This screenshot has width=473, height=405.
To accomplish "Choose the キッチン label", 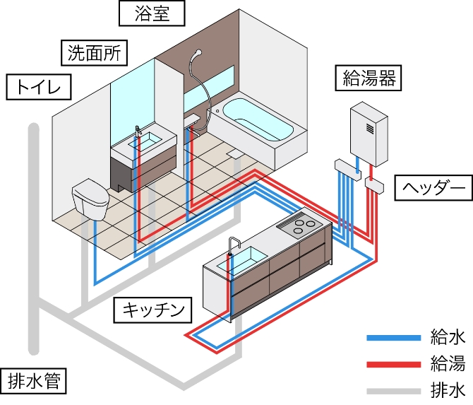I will point(153,309).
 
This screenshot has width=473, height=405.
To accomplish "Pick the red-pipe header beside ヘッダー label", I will point(374,185).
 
